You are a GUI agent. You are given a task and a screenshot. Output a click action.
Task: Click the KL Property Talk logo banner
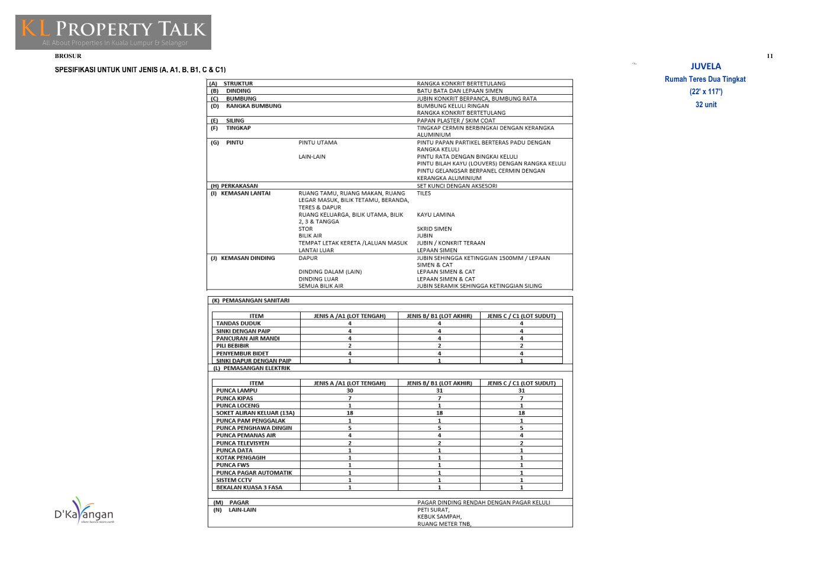(113, 32)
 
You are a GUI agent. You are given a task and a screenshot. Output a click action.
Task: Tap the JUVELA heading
(706, 66)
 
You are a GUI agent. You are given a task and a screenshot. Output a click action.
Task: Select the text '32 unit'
(706, 105)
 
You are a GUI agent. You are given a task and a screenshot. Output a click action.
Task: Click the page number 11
(769, 56)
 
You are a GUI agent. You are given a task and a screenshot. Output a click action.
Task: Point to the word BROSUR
(68, 56)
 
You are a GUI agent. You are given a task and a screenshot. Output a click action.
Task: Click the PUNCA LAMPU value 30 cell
(349, 391)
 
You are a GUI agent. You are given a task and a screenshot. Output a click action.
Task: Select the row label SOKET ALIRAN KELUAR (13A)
(255, 413)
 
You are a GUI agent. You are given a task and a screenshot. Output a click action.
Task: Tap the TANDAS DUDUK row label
(238, 324)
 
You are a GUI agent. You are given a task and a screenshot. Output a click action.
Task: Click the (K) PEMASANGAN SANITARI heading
(251, 301)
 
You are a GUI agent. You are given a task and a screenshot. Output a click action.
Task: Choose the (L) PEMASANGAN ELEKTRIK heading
(252, 368)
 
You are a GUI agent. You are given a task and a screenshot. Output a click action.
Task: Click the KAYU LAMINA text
(436, 215)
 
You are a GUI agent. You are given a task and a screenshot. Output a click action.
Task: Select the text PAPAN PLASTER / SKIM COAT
(456, 121)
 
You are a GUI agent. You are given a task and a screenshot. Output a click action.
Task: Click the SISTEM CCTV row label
(234, 480)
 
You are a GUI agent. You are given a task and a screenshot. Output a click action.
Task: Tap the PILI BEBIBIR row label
(232, 346)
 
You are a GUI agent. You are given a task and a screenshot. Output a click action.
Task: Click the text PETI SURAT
(433, 510)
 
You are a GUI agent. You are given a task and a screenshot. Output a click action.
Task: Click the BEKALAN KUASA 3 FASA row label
(249, 488)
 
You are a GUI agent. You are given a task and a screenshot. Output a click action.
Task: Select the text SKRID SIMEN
(434, 229)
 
